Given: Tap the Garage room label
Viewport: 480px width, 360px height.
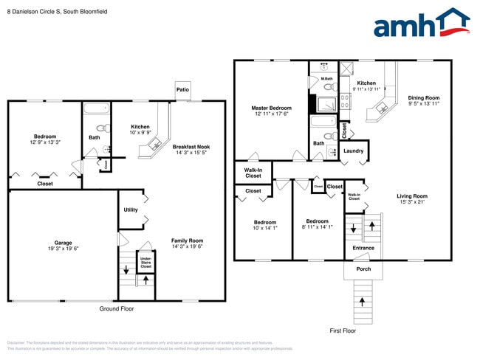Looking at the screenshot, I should tap(62, 242).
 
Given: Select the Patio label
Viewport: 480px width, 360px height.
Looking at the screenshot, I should tap(182, 90).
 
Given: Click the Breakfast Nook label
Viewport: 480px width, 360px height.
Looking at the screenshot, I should tap(191, 147).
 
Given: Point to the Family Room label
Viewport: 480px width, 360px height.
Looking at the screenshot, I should tap(187, 240).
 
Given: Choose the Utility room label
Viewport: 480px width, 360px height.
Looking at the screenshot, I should tap(131, 210).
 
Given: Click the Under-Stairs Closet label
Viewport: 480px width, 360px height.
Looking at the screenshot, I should tap(145, 262).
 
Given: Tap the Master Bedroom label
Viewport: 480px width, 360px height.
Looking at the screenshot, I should tap(271, 108).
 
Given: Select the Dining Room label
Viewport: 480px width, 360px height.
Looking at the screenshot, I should tap(423, 98).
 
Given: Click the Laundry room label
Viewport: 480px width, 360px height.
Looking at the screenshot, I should tap(354, 151).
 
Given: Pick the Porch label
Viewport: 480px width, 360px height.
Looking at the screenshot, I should tap(363, 269).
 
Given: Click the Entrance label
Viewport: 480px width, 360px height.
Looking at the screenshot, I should tap(363, 248).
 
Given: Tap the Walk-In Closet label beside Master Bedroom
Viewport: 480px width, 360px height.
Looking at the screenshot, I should tap(253, 173).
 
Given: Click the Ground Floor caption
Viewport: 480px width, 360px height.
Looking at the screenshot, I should tap(117, 309).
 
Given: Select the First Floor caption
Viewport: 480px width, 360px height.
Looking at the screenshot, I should tap(343, 331).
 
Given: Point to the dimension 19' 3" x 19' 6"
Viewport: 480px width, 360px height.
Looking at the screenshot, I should tap(62, 249).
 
